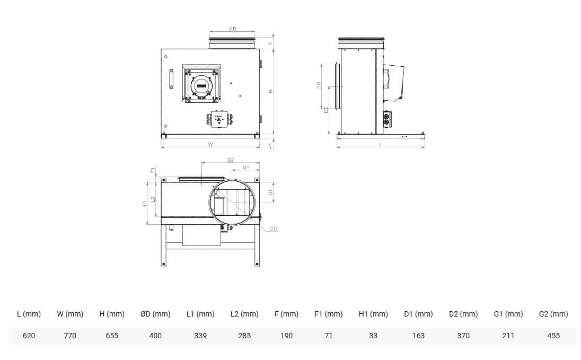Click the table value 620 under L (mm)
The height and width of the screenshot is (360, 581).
click(x=29, y=336)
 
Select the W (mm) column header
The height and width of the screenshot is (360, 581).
click(x=70, y=314)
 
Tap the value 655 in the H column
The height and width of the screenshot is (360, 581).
click(x=112, y=336)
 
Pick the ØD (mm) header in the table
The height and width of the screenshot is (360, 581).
click(x=155, y=314)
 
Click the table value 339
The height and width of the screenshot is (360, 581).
click(x=200, y=336)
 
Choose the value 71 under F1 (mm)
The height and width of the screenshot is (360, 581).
click(x=328, y=336)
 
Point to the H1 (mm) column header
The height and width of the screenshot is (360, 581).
click(x=373, y=314)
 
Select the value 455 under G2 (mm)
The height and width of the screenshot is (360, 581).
click(x=553, y=336)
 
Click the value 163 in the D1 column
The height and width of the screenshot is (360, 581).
click(x=418, y=336)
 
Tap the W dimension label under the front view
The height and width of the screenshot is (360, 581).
click(x=210, y=145)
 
